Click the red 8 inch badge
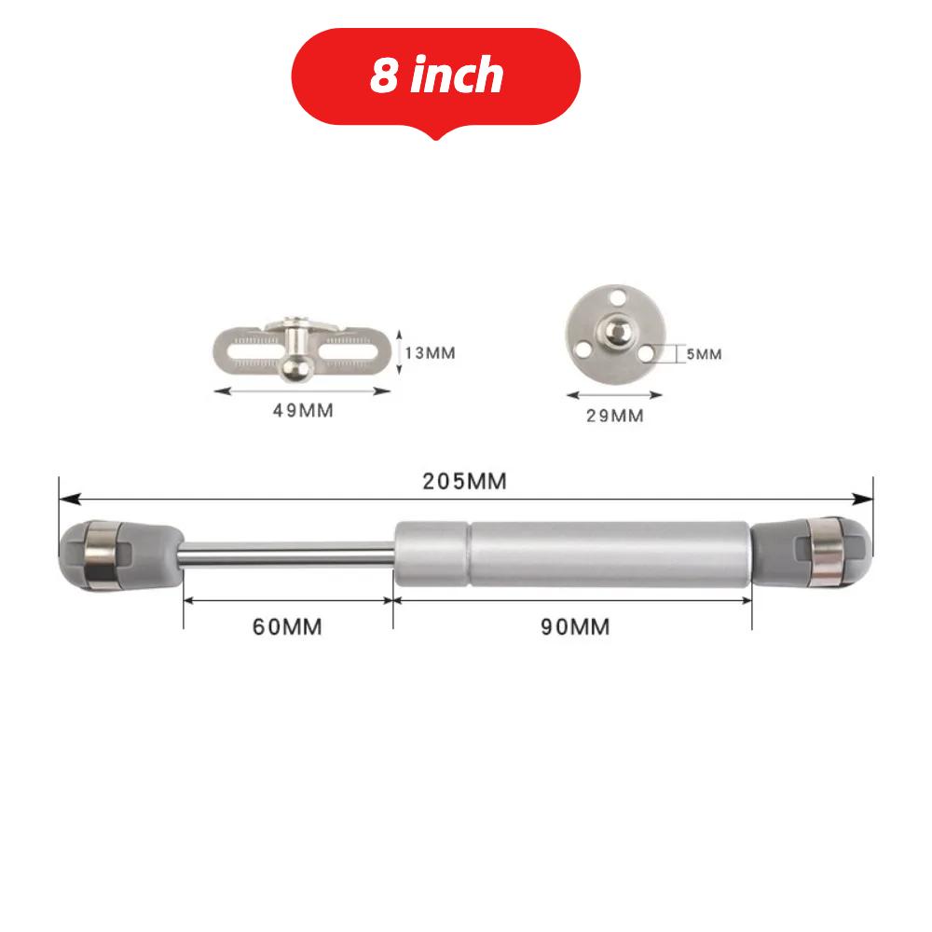tap(436, 76)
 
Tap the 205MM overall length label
tap(464, 481)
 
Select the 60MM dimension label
tap(287, 627)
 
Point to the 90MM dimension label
tap(575, 627)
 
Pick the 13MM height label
tap(430, 353)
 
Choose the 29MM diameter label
tap(614, 416)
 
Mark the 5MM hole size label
tap(703, 354)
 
